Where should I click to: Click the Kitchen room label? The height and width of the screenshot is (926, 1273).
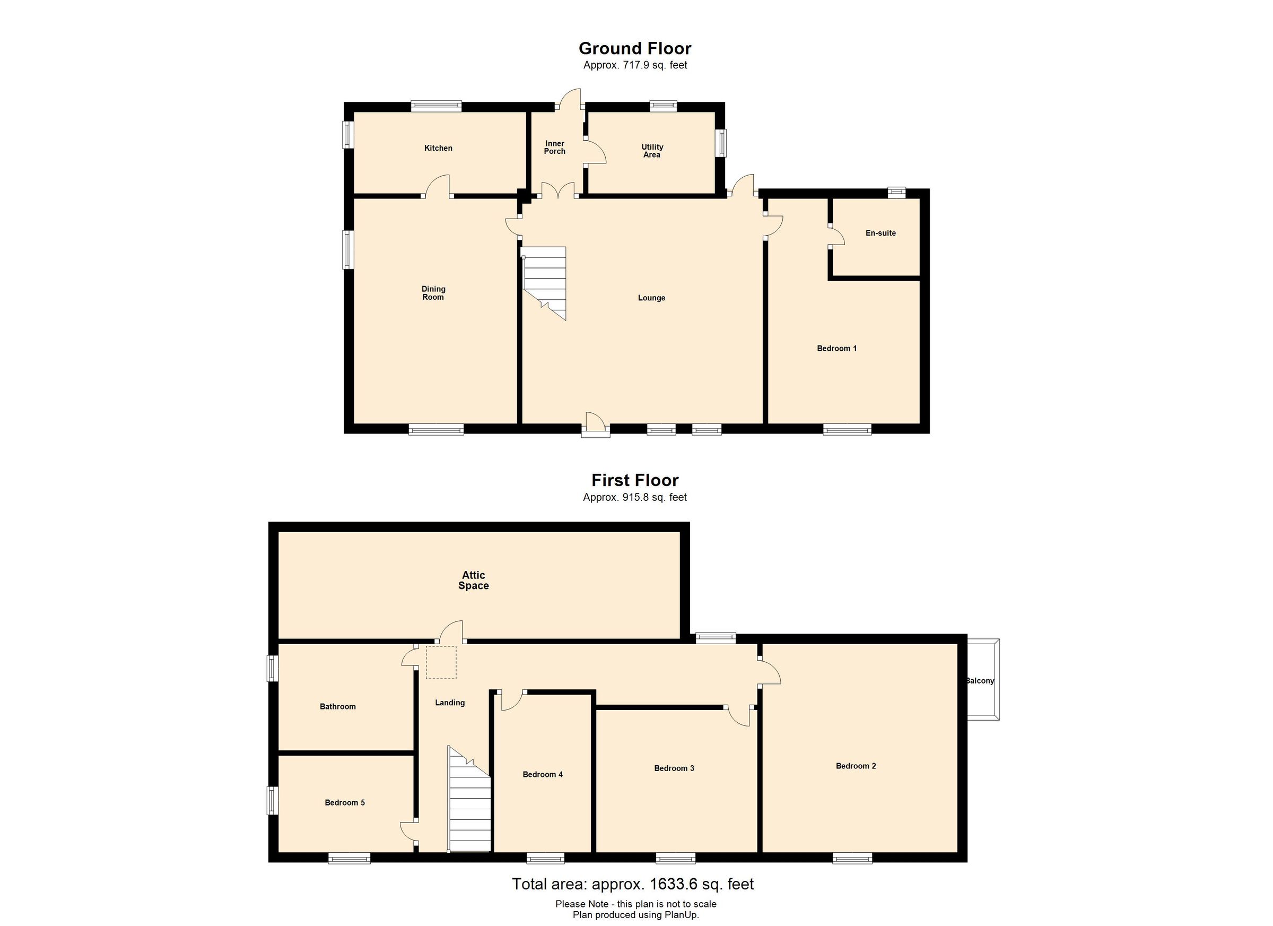[x=438, y=148]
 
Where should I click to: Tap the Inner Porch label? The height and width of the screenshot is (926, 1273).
[x=555, y=147]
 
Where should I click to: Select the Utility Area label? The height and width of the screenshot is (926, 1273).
[x=652, y=151]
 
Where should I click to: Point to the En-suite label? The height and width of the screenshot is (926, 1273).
[x=880, y=233]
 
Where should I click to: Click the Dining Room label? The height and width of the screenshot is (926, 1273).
[x=433, y=293]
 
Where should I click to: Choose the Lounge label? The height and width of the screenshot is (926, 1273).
[x=652, y=298]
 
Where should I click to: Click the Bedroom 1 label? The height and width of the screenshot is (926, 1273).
[x=837, y=349]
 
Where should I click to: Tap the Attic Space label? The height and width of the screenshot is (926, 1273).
[x=474, y=581]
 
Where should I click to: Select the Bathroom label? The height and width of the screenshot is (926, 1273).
[x=338, y=707]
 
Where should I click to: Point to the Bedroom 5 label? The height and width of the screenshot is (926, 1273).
[x=345, y=803]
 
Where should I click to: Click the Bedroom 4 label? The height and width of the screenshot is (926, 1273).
[x=543, y=775]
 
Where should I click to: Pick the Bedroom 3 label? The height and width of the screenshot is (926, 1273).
[x=674, y=769]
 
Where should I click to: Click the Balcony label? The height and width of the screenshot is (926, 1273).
[x=980, y=681]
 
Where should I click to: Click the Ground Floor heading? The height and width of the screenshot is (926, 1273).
[x=635, y=48]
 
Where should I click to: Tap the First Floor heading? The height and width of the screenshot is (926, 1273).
[x=635, y=480]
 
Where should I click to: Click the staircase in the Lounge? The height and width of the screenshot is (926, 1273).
[x=544, y=283]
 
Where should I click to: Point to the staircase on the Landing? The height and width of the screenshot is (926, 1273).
[x=469, y=799]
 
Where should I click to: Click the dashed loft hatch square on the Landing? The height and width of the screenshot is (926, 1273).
[x=441, y=663]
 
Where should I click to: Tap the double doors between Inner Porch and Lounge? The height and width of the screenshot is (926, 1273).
[x=558, y=190]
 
